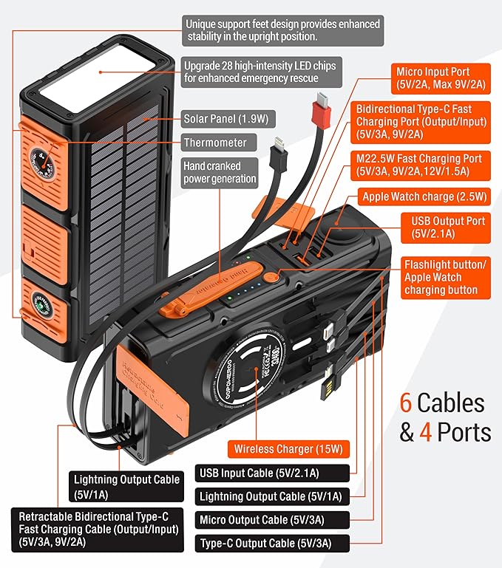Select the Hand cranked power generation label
click(x=220, y=171)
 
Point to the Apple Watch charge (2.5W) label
click(x=424, y=196)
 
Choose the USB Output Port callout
click(x=448, y=228)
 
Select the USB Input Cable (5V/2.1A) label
click(x=262, y=473)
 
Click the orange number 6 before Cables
click(x=406, y=403)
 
